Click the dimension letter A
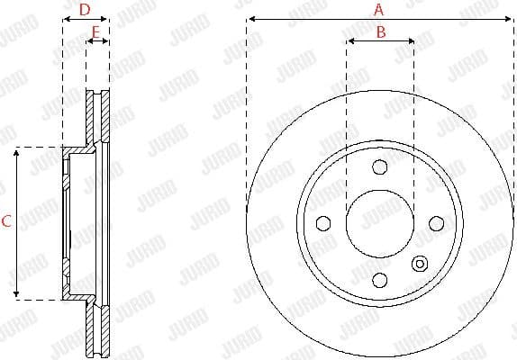(378, 10)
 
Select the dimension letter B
(380, 32)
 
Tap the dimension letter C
(7, 221)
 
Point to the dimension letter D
(84, 10)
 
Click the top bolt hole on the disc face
(379, 166)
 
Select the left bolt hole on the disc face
(322, 223)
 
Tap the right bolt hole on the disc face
(436, 222)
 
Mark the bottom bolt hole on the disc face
(379, 279)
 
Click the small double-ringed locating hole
(419, 263)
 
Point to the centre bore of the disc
(379, 223)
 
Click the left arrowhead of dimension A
(249, 18)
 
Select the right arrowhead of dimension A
(509, 18)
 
